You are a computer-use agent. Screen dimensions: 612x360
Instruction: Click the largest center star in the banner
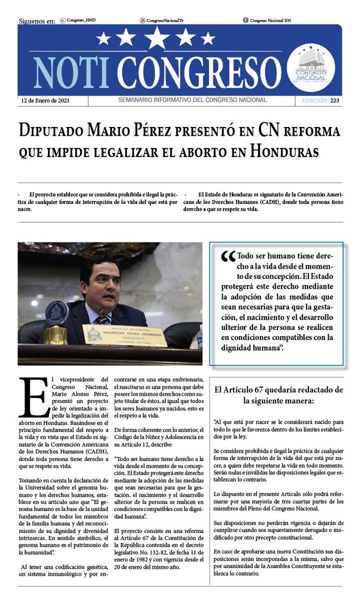tap(158, 37)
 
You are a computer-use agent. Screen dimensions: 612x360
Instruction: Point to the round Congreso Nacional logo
tap(311, 68)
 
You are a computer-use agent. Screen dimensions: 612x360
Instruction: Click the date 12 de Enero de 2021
tap(46, 100)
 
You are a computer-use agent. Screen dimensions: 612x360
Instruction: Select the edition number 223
tap(334, 100)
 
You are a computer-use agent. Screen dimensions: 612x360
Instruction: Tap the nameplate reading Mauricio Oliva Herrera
tap(125, 335)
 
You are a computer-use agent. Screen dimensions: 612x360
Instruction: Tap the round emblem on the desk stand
tap(57, 313)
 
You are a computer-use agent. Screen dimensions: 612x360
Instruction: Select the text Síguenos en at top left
tap(37, 21)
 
